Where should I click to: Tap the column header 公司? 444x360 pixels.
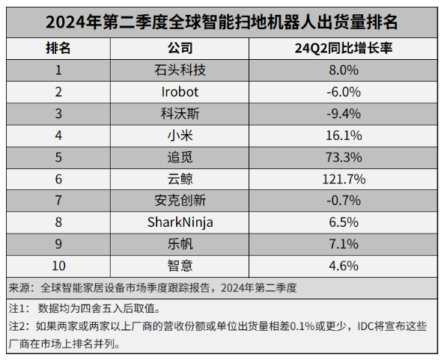[x=180, y=49]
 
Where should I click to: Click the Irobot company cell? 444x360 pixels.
[x=180, y=92]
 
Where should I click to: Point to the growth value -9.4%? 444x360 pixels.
[x=344, y=114]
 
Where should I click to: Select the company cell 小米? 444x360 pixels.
[x=180, y=135]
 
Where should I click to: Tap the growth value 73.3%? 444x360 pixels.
[x=344, y=157]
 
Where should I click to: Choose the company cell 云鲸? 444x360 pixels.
[x=180, y=179]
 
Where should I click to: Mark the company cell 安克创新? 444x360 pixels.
[x=180, y=201]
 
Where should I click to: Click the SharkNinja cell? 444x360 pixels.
[x=180, y=222]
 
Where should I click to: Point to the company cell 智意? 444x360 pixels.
[x=180, y=265]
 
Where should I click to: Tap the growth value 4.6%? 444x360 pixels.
[x=344, y=265]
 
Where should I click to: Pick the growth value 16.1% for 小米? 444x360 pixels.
[x=344, y=135]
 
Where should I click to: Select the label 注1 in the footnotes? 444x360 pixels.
[x=18, y=308]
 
